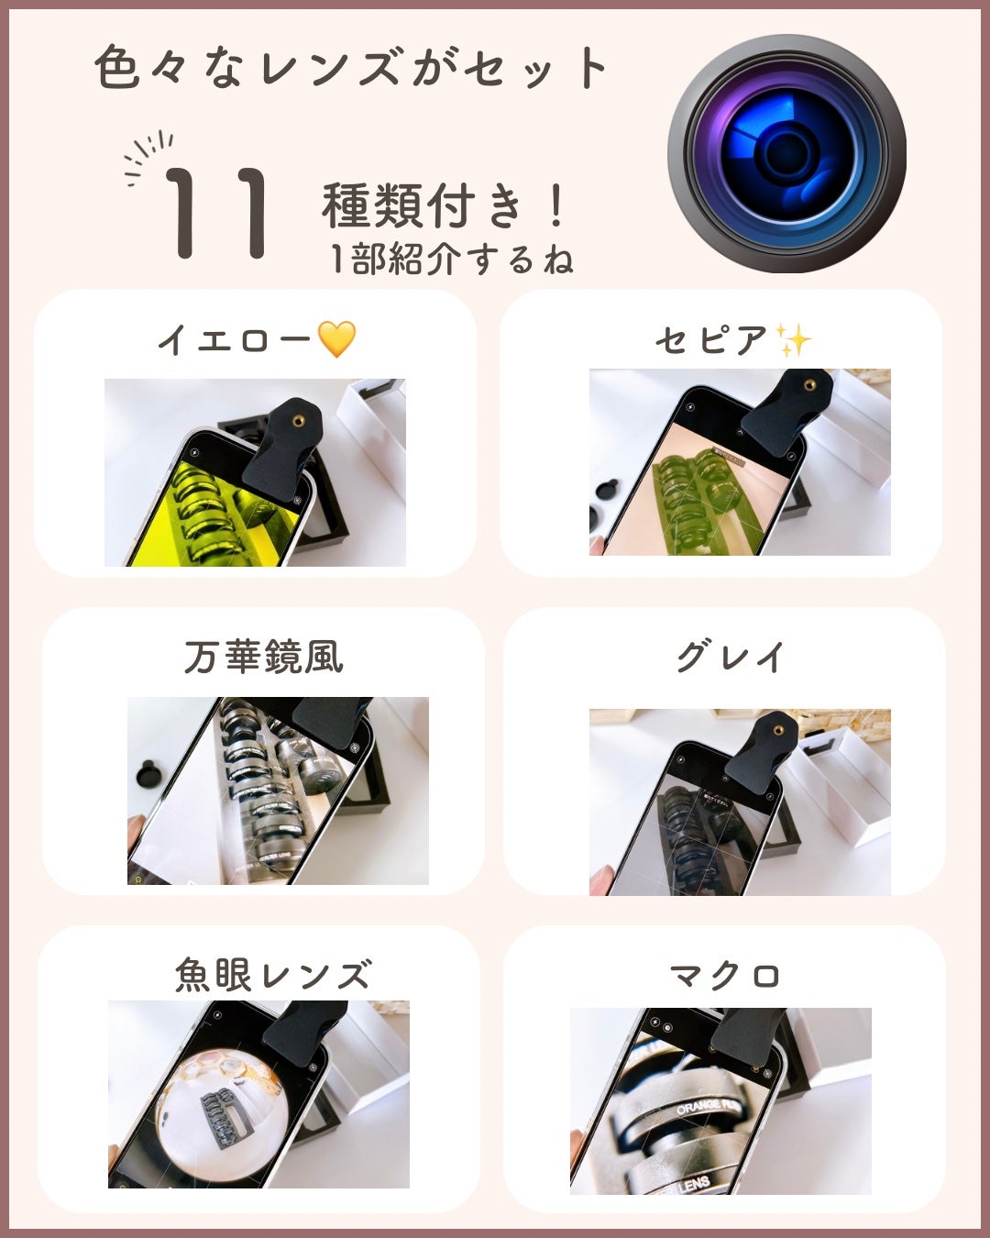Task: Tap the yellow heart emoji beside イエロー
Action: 336,340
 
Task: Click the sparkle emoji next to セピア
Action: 793,340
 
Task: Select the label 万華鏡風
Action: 264,658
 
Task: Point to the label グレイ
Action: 731,658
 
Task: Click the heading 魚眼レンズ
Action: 273,975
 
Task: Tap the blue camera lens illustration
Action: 786,153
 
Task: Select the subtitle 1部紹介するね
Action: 451,260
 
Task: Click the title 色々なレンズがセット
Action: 352,68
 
